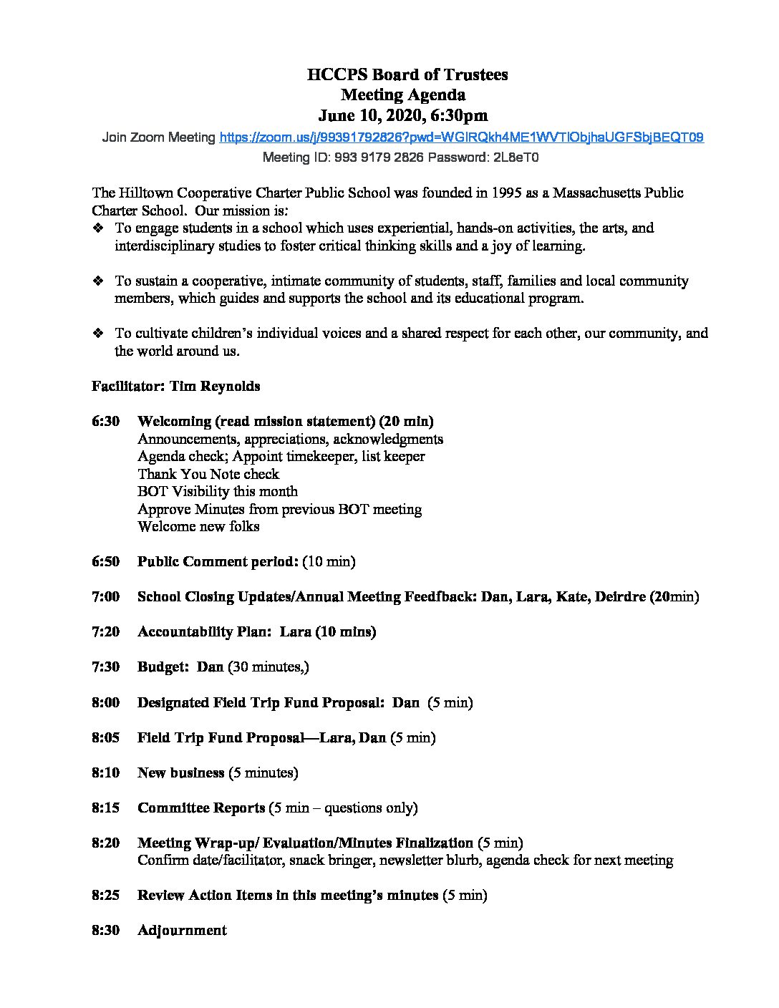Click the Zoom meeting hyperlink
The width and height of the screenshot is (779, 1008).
coord(461,137)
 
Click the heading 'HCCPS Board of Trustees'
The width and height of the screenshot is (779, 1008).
coord(407,74)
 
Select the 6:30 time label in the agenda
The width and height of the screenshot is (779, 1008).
coord(105,421)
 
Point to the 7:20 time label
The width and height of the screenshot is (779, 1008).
coord(105,631)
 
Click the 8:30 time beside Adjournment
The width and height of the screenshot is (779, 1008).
coord(105,930)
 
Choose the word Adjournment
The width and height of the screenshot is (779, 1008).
coord(182,930)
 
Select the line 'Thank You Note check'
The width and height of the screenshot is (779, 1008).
coord(208,474)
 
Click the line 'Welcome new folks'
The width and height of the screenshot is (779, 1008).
coord(198,526)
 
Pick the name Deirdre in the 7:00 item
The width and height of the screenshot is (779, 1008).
coord(619,596)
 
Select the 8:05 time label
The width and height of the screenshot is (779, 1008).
coord(105,737)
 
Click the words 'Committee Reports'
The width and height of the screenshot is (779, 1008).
coord(201,808)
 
